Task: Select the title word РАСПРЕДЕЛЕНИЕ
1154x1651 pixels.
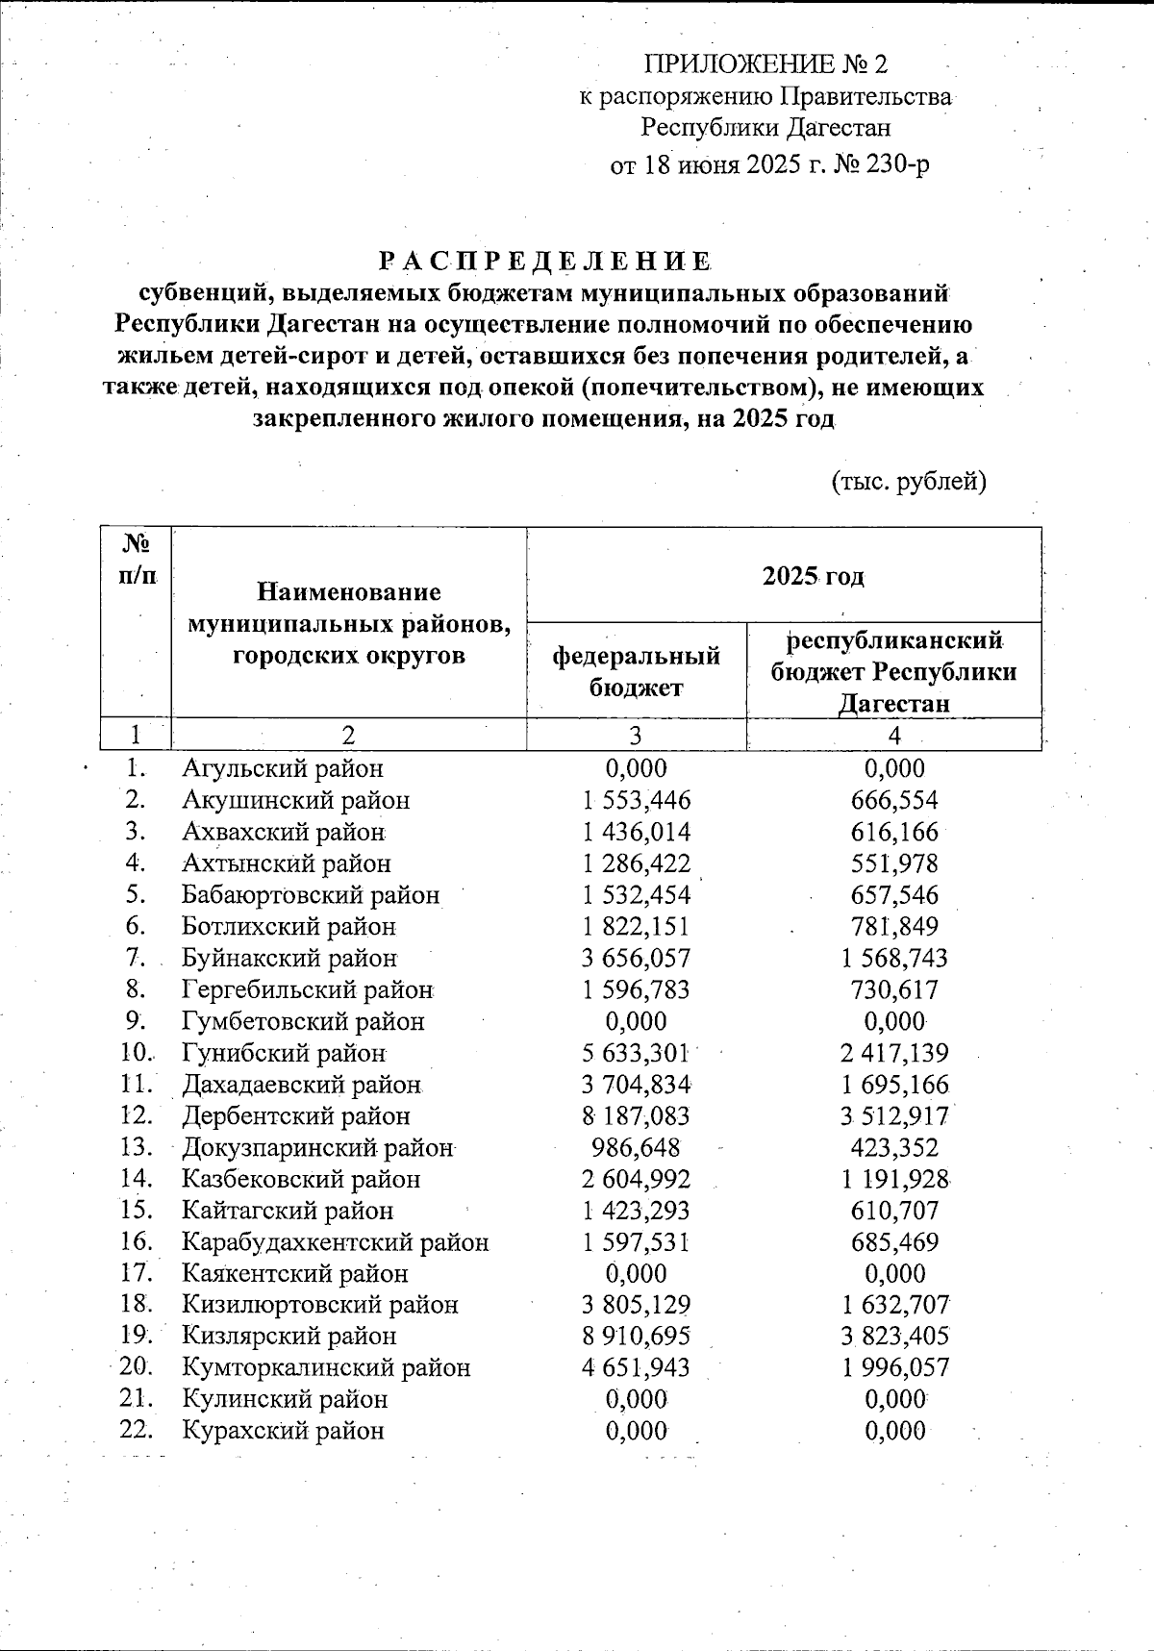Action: coord(544,262)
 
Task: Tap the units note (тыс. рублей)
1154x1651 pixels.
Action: coord(909,481)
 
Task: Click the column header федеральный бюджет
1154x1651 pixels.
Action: coord(636,670)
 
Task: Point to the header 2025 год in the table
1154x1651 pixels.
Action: coord(813,576)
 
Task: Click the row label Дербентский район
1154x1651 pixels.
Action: coord(296,1116)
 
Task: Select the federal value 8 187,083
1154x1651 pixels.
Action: coord(636,1116)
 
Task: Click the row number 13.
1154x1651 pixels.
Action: coord(138,1147)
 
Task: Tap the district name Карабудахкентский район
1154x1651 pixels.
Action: coord(336,1241)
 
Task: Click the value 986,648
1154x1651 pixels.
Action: coord(636,1147)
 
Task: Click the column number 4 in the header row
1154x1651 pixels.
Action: coord(894,736)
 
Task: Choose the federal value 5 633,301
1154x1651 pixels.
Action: coord(636,1053)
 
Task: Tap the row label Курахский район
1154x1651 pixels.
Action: coord(284,1430)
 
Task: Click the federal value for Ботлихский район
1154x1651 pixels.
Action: coord(636,927)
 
